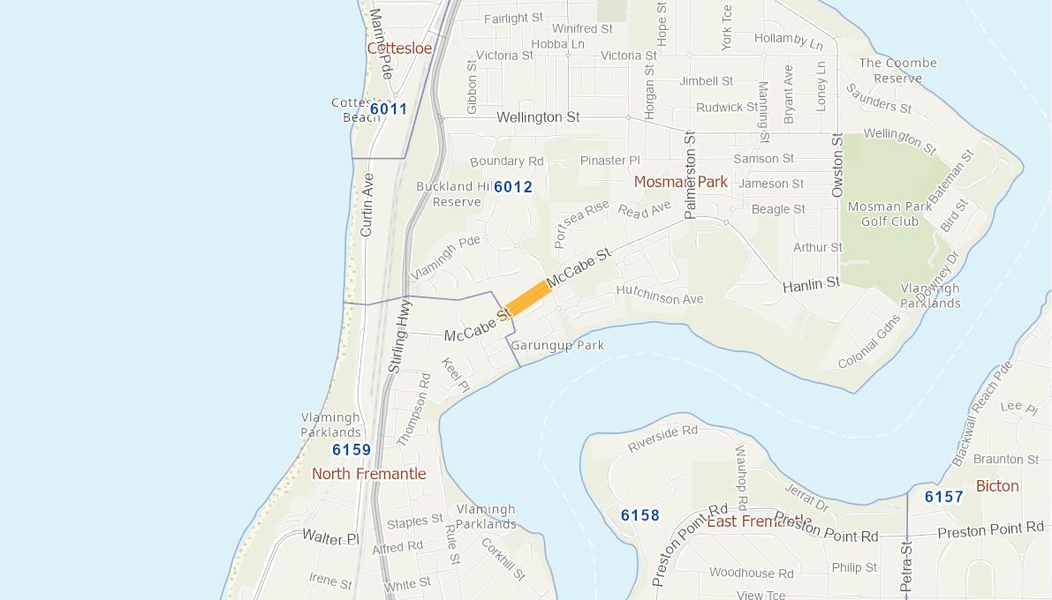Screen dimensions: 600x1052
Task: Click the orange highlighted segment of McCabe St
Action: tap(528, 296)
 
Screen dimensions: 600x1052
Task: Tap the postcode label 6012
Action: tap(513, 187)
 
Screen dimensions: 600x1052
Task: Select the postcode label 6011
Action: tap(389, 109)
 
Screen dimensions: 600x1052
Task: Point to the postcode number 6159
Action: tap(352, 450)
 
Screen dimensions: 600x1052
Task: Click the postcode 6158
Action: tap(640, 515)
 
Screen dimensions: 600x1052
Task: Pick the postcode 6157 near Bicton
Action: tap(944, 497)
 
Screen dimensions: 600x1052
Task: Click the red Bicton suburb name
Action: tap(997, 486)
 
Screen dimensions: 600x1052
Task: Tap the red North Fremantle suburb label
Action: tap(368, 474)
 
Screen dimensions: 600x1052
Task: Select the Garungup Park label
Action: tap(557, 345)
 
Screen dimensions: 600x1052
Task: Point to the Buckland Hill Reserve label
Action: tap(457, 194)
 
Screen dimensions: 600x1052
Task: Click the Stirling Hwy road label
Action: tap(400, 335)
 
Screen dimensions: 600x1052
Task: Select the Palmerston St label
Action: tap(691, 174)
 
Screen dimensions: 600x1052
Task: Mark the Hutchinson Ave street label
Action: tap(660, 295)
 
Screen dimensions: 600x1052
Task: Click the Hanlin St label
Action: tap(811, 284)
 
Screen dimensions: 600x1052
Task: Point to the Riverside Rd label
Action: tap(662, 439)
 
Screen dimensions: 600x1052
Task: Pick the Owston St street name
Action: tap(837, 166)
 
